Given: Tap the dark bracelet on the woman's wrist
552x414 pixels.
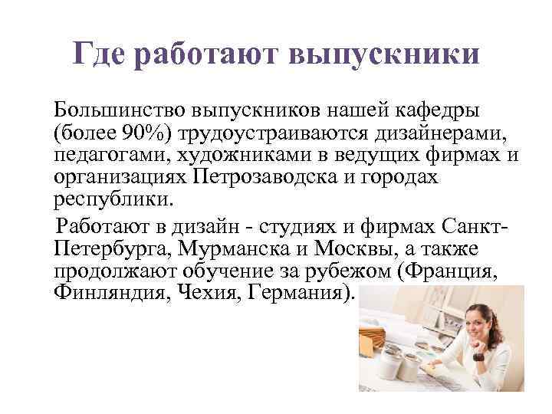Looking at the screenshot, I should point(479,354).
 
